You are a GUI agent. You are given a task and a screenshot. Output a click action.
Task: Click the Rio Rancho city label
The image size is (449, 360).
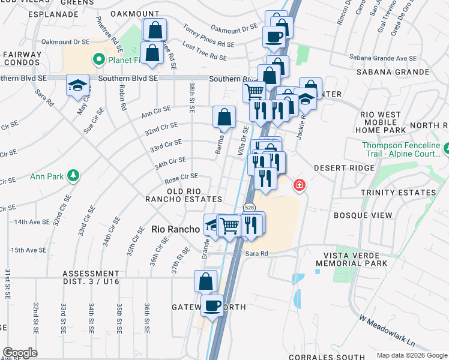pos(175,229)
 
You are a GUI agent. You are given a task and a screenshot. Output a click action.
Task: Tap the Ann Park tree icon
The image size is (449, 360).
pos(73,175)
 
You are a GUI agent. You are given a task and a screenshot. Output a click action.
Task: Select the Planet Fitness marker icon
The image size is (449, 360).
pos(97,59)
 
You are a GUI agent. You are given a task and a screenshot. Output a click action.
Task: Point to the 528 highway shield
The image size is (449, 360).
pos(248,207)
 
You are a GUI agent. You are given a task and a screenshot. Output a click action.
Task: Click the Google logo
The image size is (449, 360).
pos(20,353)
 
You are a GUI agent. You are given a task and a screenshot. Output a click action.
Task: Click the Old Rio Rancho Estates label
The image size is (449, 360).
pos(186,194)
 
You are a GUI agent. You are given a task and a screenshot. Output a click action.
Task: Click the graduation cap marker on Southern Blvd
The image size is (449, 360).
pos(78,86)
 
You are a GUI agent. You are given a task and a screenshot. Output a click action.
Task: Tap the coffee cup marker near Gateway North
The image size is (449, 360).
pos(212,306)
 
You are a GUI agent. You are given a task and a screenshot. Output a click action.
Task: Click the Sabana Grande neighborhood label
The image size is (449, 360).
pos(393,72)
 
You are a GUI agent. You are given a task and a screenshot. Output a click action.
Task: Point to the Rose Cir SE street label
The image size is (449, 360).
pos(181,177)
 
